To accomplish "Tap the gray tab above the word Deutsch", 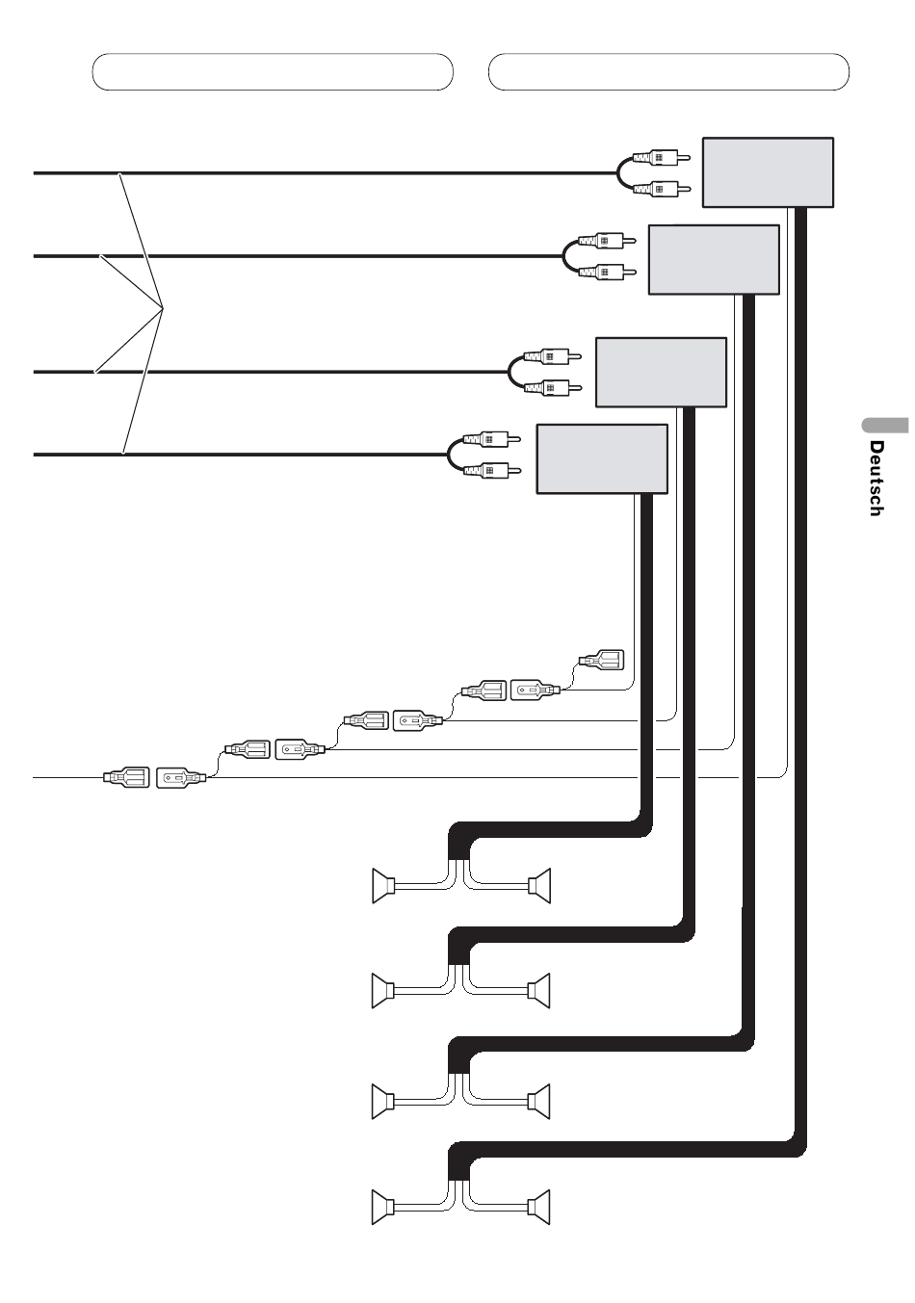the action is (885, 425).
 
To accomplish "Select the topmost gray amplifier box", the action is (768, 172).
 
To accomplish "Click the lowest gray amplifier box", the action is (601, 459).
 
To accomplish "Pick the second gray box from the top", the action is (714, 259).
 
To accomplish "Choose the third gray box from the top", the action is (661, 373).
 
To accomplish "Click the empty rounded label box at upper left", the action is (273, 71).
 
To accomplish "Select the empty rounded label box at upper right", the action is (668, 71).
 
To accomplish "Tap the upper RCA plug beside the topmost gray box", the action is (661, 157).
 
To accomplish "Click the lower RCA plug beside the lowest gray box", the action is (491, 470).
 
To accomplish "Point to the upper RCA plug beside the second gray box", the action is (607, 240).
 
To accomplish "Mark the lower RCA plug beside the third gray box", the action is (553, 387).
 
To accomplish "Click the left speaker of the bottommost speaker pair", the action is (383, 1207).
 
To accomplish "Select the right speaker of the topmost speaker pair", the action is (539, 885).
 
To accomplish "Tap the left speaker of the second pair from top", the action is (383, 991).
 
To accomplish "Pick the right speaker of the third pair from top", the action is (539, 1101).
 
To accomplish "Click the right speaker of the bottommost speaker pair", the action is (539, 1207).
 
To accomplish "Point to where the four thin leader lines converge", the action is (163, 308).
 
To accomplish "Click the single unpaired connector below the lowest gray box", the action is (601, 661).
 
